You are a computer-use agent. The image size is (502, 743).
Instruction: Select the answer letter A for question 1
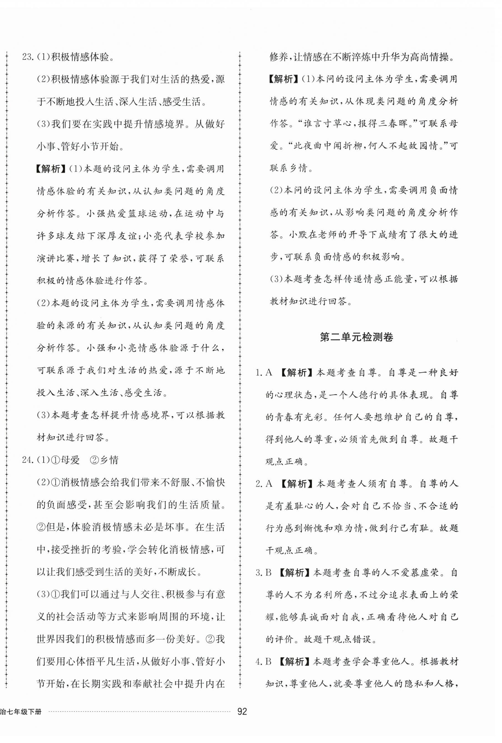coord(269,372)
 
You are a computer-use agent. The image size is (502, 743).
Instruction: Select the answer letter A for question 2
coord(269,484)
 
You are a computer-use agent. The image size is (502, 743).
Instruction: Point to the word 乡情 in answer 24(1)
coord(109,460)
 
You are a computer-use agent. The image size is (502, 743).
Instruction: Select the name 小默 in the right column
coord(298,235)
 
